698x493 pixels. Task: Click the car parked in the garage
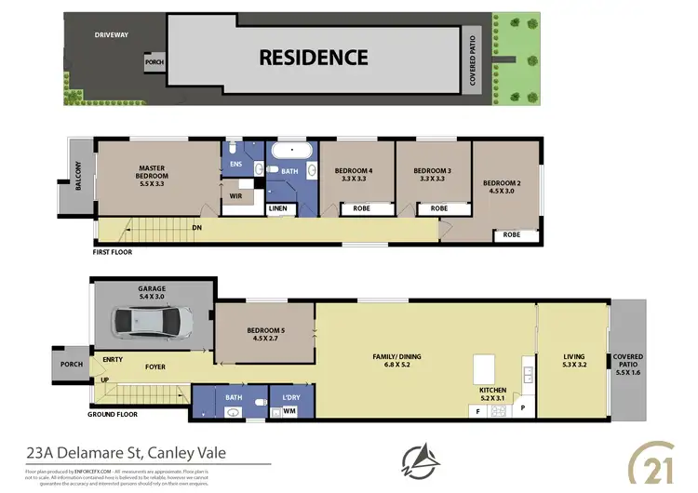154,323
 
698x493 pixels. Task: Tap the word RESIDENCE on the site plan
313,57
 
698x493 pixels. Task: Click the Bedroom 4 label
357,175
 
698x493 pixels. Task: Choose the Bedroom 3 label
433,175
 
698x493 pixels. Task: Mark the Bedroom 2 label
503,187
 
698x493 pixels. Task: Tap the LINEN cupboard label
278,208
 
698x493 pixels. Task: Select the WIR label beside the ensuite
236,196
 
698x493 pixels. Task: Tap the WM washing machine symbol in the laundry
289,411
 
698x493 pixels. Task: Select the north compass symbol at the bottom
417,459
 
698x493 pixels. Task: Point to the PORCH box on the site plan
154,63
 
